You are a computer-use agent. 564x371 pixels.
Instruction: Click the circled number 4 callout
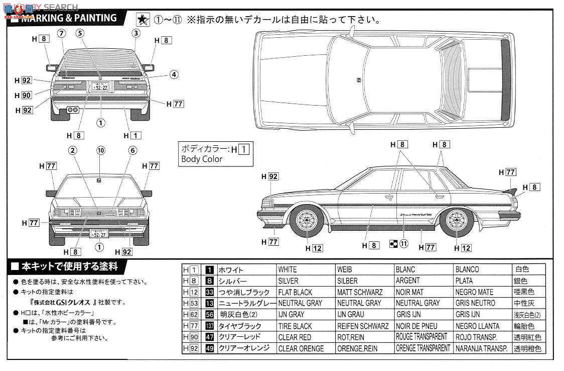coord(173,74)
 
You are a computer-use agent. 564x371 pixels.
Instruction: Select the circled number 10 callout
coord(101,150)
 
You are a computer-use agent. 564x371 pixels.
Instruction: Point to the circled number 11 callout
coord(404,243)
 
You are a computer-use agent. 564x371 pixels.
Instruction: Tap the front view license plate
coord(99,233)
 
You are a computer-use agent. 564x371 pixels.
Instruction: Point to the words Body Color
coord(202,159)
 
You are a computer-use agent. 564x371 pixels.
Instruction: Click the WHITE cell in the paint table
coord(288,270)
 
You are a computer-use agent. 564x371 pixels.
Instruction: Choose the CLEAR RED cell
coord(295,337)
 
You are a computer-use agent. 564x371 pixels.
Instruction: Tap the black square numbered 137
coord(210,326)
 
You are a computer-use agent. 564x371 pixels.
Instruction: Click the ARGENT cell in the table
coord(407,281)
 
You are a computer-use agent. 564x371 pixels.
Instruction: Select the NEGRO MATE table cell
coord(475,292)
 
